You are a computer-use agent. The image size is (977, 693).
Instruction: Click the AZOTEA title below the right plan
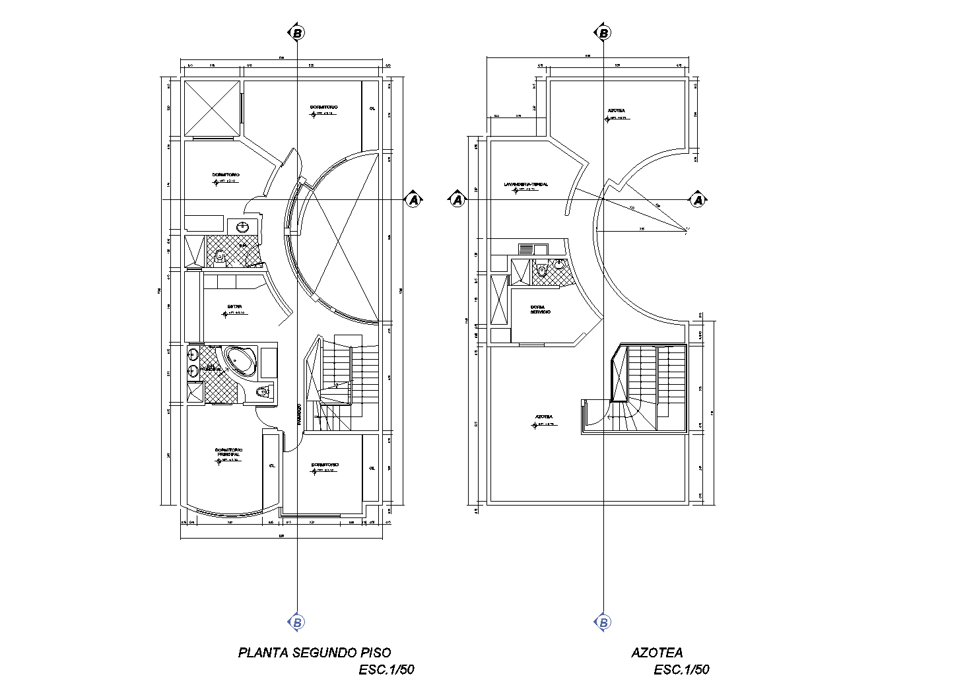(657, 653)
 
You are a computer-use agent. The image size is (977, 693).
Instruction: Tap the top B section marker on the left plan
(297, 32)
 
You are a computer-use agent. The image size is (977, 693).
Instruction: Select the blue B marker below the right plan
(603, 622)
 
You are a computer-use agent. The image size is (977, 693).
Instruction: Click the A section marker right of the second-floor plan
(414, 199)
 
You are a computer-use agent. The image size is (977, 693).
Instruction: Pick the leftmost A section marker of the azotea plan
(457, 199)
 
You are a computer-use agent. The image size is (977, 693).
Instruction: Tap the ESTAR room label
(234, 306)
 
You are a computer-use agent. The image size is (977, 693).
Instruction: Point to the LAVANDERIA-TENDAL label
(525, 184)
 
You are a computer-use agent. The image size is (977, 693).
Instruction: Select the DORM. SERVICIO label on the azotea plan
(540, 310)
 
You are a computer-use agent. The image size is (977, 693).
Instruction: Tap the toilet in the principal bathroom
(263, 391)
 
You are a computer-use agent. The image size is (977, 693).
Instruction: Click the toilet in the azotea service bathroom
(542, 269)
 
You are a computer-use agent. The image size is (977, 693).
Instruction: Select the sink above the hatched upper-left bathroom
(243, 226)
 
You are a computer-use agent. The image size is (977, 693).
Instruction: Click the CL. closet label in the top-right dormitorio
(372, 109)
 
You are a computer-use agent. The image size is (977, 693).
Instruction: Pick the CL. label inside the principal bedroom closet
(271, 465)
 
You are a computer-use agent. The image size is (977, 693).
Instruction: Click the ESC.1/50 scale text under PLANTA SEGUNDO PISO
(387, 671)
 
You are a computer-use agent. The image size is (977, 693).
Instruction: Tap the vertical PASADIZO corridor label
(299, 413)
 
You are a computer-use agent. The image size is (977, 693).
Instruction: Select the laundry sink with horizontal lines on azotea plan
(526, 249)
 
